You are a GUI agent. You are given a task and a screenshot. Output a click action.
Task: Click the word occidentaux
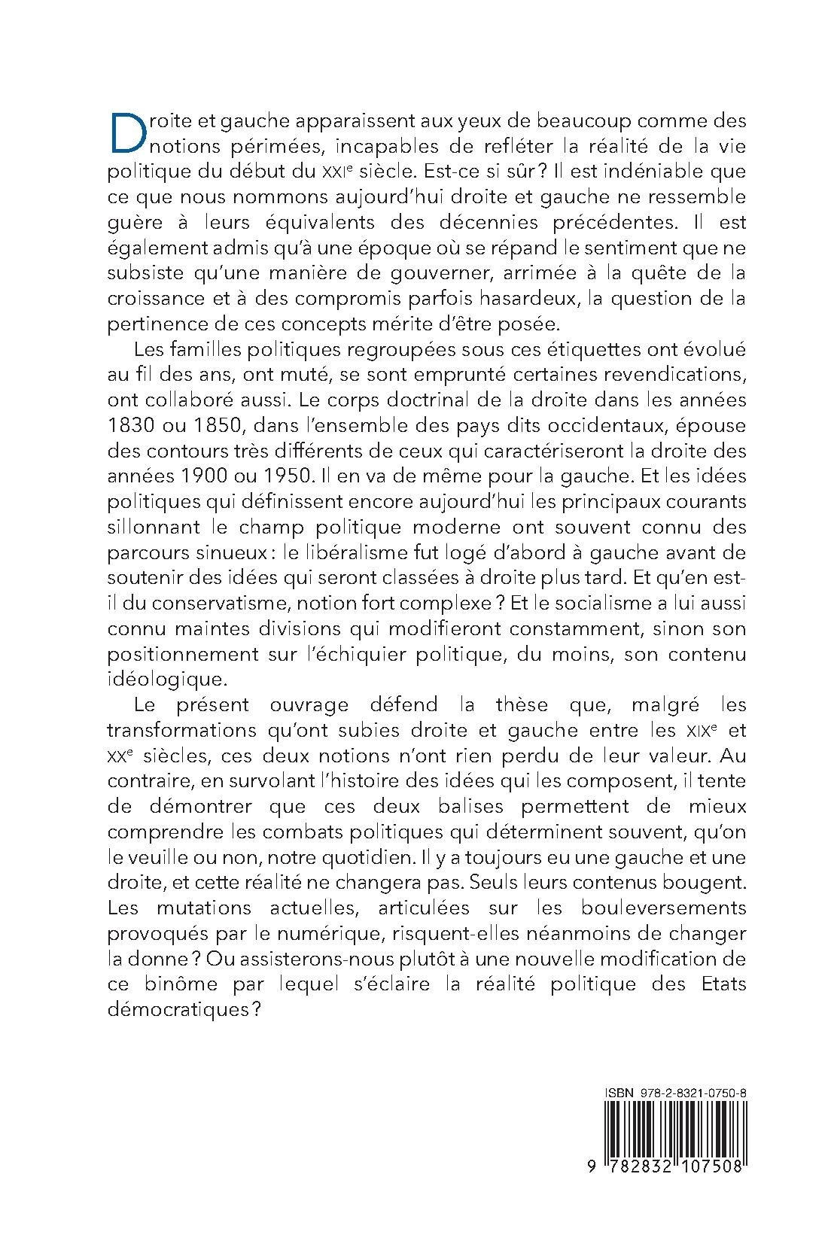coord(577,425)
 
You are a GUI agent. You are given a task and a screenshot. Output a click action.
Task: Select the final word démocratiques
coord(185,1011)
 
